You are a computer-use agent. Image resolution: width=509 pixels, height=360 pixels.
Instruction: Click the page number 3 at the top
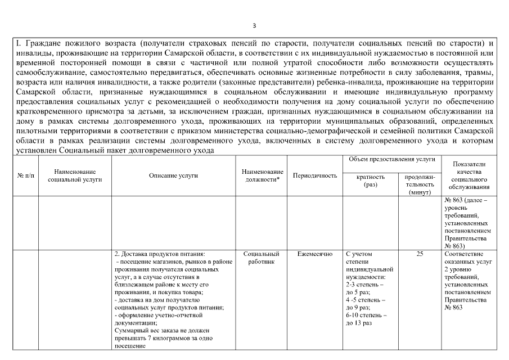point(254,25)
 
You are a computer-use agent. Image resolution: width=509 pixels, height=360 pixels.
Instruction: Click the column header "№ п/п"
point(25,175)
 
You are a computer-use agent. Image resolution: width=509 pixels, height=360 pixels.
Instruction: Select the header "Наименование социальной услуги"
point(75,175)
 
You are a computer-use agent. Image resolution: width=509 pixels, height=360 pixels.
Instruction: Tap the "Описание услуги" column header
point(173,175)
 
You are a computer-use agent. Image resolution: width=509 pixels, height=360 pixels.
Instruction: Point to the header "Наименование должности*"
point(262,175)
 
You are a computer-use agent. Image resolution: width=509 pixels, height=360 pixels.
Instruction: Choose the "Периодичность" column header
point(315,175)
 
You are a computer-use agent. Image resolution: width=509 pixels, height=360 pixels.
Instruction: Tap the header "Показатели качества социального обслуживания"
point(469,175)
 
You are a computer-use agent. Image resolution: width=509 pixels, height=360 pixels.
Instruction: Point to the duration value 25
point(420,254)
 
